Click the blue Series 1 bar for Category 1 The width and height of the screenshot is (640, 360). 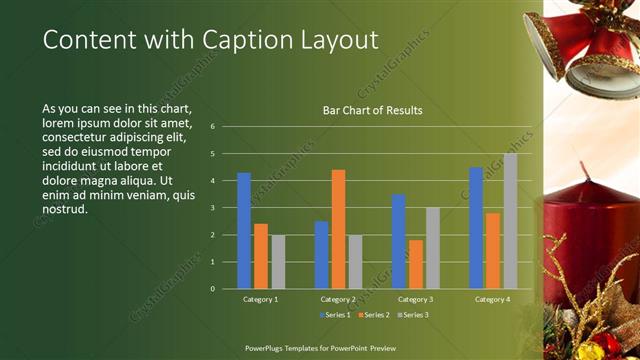(x=244, y=231)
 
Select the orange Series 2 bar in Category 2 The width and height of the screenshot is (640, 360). (x=338, y=229)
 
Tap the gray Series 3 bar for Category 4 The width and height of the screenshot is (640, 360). (x=510, y=221)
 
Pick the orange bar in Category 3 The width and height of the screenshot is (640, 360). (x=416, y=264)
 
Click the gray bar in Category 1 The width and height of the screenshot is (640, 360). (x=278, y=262)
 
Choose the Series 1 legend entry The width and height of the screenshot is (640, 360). (x=335, y=316)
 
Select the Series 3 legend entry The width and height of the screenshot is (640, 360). (x=414, y=316)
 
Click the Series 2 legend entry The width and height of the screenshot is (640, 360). (x=375, y=316)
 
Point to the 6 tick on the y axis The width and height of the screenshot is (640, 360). (x=213, y=127)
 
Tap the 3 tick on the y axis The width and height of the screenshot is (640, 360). (x=213, y=208)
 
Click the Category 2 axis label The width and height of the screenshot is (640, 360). (x=338, y=299)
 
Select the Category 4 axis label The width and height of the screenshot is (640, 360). (x=493, y=299)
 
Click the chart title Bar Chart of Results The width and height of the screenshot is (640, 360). (x=372, y=110)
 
